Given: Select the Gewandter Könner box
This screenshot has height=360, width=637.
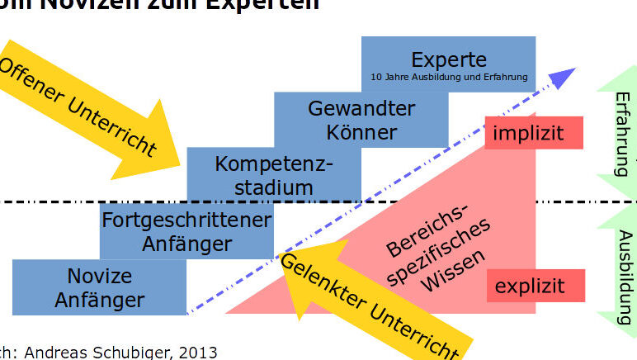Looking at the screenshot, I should point(361,119).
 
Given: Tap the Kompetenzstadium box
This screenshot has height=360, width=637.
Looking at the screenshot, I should point(274,174).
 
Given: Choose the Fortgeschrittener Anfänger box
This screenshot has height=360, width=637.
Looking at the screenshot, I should point(186,231).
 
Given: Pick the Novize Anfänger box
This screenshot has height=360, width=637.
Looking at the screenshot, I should point(99,287).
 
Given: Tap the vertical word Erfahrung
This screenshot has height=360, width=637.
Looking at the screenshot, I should point(623,133).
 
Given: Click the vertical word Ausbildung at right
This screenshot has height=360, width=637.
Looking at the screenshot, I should point(623,268).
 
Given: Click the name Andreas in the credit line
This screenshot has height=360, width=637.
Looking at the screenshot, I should point(54,353).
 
